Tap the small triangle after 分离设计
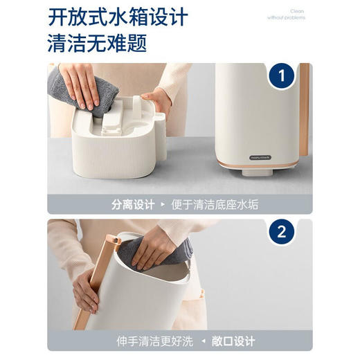pyautogui.click(x=163, y=205)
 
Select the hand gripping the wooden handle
pyautogui.click(x=84, y=289)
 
